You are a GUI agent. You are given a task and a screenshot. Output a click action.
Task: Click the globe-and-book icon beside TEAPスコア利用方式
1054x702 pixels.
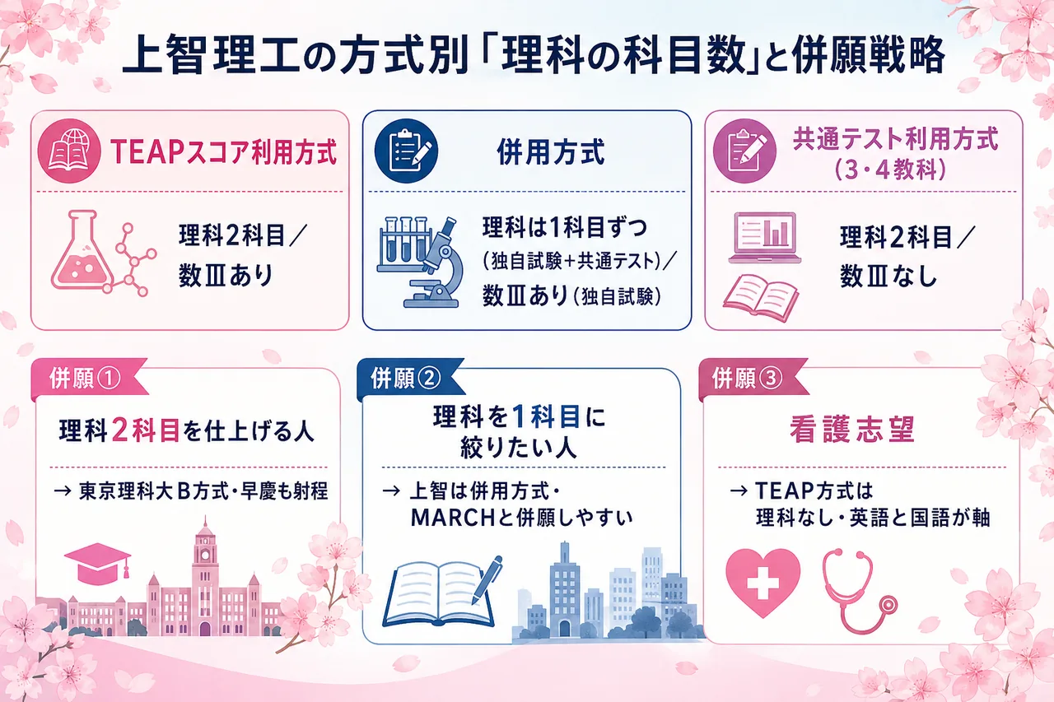68,151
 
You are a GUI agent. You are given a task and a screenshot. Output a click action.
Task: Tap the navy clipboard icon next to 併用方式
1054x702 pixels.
406,151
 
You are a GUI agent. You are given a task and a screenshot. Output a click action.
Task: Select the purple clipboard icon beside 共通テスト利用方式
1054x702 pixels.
744,151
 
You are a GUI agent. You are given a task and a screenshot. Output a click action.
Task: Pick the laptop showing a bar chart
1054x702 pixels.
765,238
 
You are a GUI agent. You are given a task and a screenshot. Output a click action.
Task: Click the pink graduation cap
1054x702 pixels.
97,563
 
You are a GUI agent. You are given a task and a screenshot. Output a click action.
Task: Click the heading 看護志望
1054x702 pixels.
852,429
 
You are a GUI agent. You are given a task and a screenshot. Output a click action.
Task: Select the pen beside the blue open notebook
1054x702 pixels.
487,580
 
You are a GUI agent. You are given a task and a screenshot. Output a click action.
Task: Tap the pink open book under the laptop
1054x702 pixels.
761,297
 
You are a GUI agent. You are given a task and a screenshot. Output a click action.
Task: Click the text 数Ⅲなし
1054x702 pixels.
888,276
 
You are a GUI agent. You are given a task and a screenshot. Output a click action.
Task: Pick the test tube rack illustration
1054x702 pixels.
403,244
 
